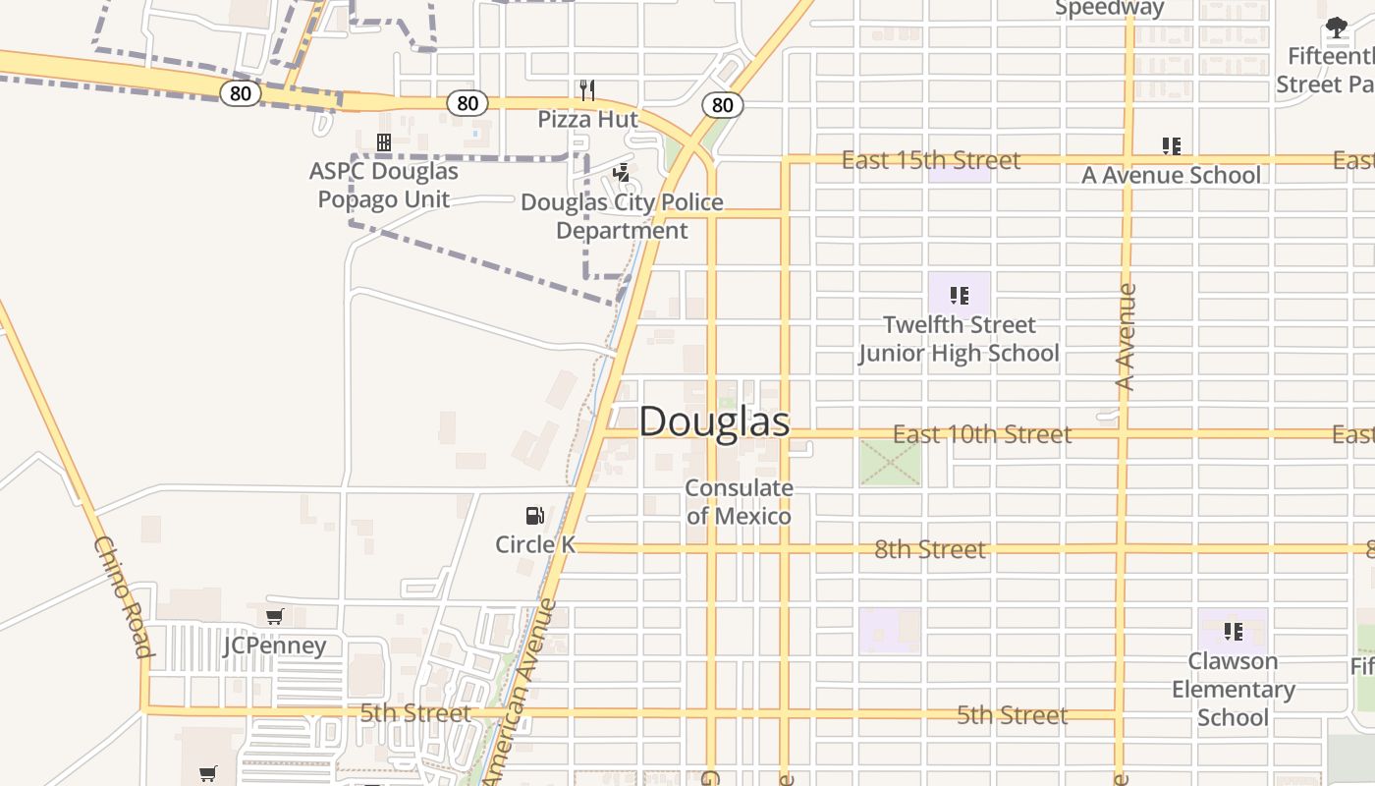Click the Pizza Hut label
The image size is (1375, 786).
click(587, 120)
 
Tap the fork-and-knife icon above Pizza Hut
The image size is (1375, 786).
click(587, 90)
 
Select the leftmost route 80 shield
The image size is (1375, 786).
click(240, 94)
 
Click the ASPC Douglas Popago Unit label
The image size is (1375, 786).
click(384, 185)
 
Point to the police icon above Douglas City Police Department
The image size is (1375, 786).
click(621, 174)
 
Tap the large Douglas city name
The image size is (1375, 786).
click(714, 421)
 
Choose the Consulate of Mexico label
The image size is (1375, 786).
click(739, 502)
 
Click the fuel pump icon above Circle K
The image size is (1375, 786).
click(534, 516)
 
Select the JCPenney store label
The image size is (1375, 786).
click(274, 646)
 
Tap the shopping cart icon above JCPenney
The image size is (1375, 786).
click(274, 617)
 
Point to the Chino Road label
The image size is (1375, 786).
click(125, 596)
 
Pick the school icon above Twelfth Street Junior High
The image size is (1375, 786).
click(960, 295)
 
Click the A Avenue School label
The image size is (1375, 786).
click(1171, 175)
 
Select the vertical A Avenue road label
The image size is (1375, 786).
click(1126, 336)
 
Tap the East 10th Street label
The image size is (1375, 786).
click(981, 434)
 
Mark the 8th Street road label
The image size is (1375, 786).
click(929, 549)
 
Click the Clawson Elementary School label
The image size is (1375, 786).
click(1233, 689)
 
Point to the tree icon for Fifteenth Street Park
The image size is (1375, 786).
click(1337, 28)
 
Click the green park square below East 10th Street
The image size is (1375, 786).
click(891, 462)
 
